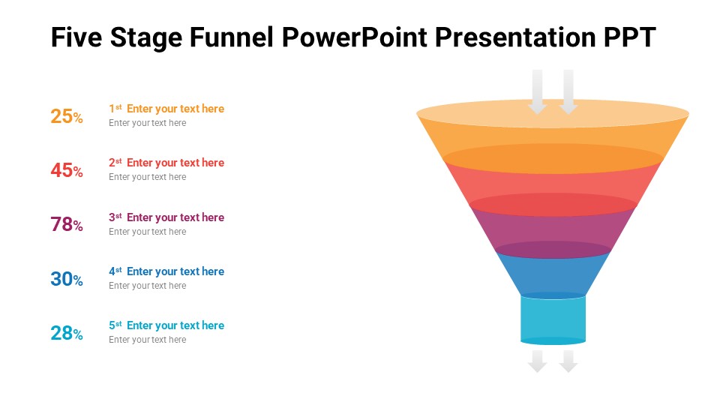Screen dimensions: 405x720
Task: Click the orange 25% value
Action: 67,116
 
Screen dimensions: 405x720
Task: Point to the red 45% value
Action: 67,171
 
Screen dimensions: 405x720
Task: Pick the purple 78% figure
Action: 67,225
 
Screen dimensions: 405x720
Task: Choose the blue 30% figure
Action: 67,280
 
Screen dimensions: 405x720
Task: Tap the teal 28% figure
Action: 67,334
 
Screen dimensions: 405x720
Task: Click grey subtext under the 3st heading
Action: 147,232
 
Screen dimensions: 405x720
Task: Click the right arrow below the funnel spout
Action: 568,361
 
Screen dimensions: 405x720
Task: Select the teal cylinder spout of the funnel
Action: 553,319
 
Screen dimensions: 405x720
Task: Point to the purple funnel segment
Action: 553,229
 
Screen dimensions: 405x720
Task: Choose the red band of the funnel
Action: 553,184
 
